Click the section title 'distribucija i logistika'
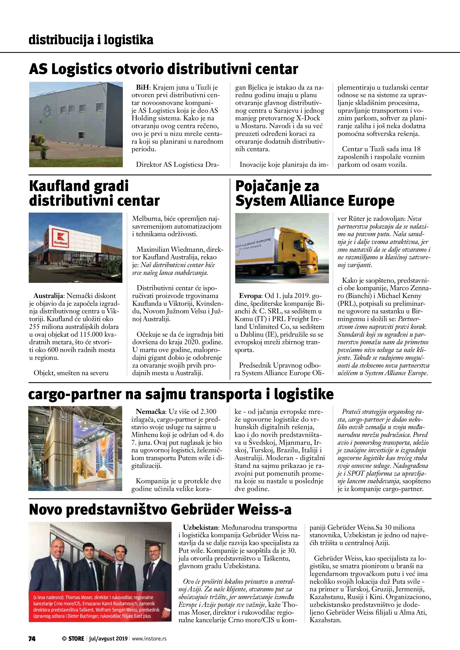click(x=91, y=40)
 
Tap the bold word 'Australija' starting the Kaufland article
click(x=49, y=296)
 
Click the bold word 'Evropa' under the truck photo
click(x=250, y=296)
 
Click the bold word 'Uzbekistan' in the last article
click(x=201, y=527)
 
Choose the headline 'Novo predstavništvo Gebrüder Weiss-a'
click(x=160, y=510)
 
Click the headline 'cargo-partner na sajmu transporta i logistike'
click(x=181, y=394)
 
